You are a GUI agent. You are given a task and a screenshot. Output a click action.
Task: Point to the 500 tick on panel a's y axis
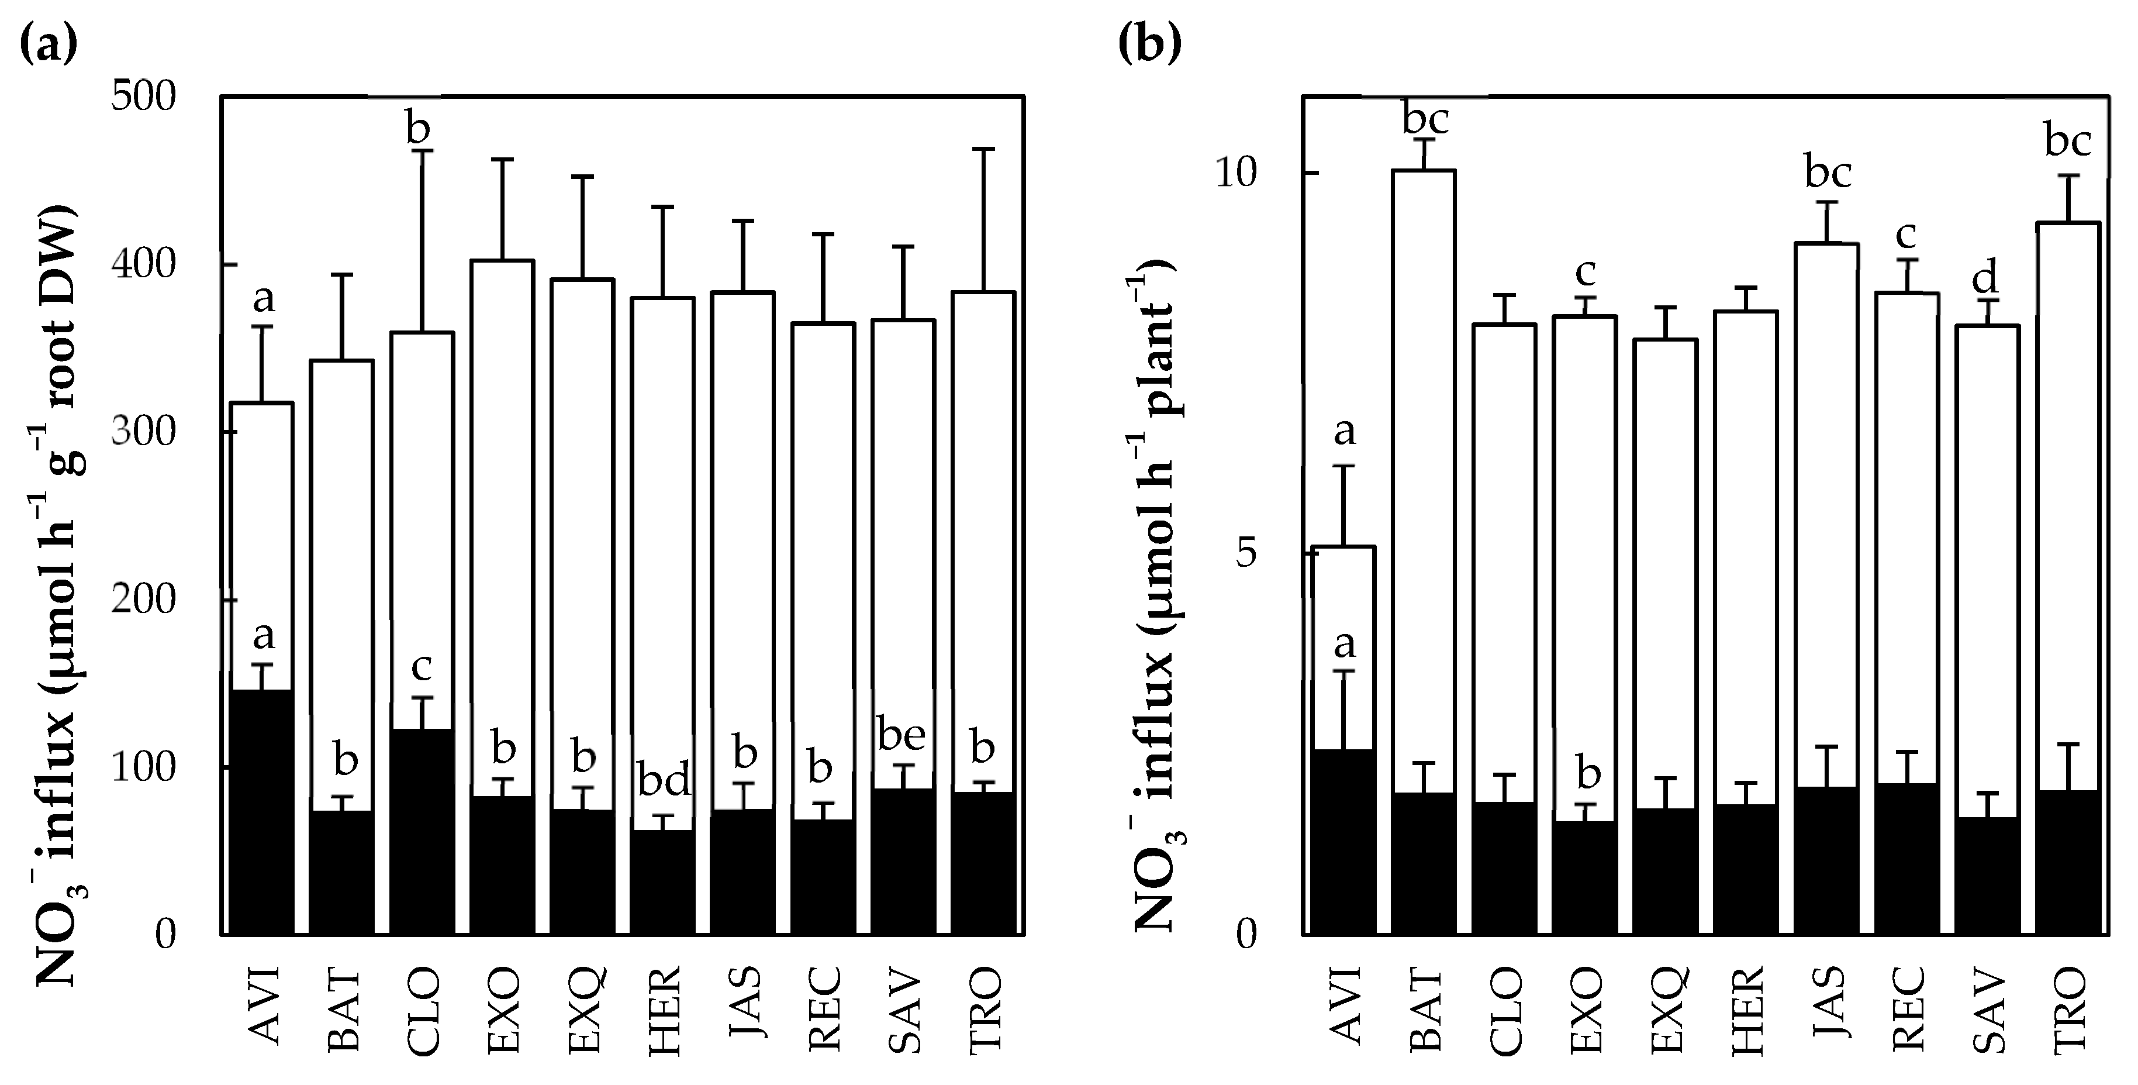(144, 98)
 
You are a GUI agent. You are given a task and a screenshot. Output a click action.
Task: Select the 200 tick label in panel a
(144, 600)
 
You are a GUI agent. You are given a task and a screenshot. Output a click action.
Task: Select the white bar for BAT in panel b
(1424, 481)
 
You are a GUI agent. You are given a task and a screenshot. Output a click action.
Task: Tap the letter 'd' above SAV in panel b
(1985, 278)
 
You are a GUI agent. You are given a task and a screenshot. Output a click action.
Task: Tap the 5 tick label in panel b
(1246, 554)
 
